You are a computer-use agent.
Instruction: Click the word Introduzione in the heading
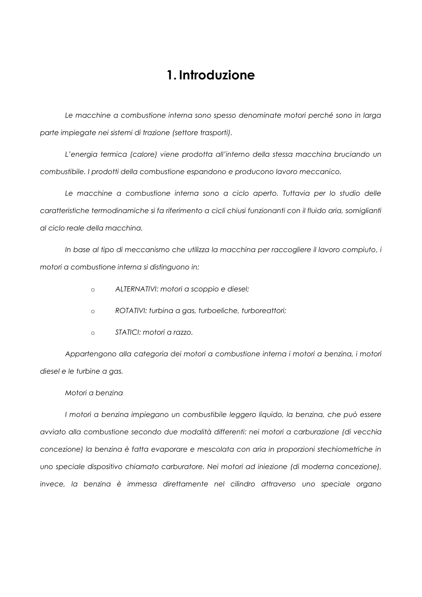click(x=217, y=75)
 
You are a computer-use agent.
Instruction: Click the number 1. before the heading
click(x=171, y=75)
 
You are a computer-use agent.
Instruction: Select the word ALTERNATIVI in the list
click(x=136, y=289)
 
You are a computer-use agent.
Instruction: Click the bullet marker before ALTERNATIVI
click(x=93, y=290)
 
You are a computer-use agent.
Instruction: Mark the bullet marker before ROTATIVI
click(x=93, y=312)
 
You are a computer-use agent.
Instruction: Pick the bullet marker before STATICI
click(x=93, y=333)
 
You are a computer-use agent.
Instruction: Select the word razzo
click(x=183, y=333)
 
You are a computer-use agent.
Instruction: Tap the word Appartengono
click(x=90, y=354)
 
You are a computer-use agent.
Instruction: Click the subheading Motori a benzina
click(x=94, y=393)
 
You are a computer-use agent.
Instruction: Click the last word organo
click(x=368, y=484)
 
